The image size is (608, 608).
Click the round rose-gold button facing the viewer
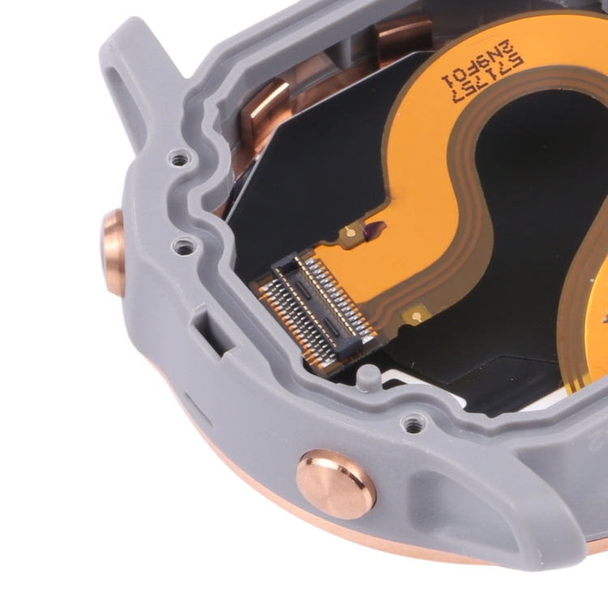click(336, 483)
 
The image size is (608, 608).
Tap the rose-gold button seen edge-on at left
click(113, 252)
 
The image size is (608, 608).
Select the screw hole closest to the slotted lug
click(176, 156)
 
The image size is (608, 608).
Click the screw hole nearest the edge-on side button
click(185, 244)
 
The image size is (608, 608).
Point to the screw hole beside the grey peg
click(414, 422)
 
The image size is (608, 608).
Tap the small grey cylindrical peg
click(368, 377)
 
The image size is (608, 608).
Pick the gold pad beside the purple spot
click(350, 234)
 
